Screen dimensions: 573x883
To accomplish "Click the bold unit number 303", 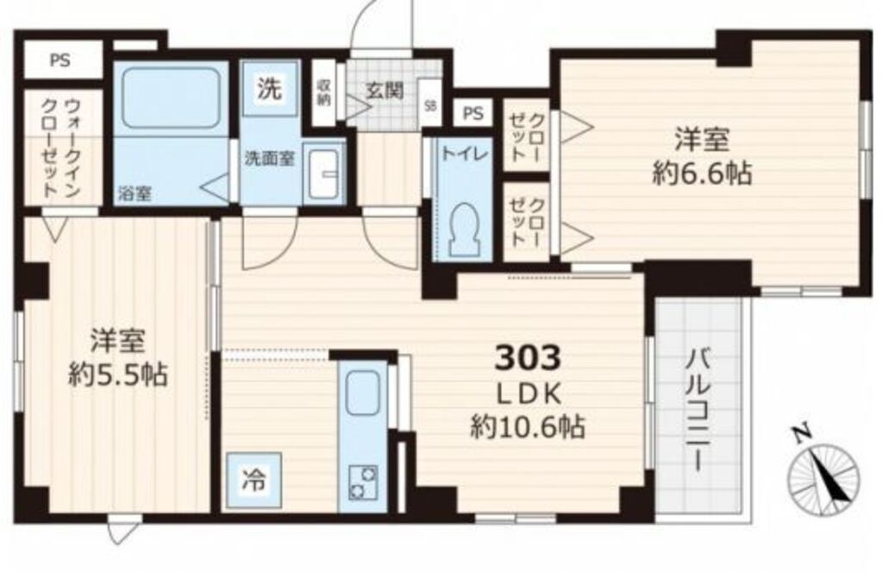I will tap(528, 356).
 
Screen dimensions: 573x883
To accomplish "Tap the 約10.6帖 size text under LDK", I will tap(527, 425).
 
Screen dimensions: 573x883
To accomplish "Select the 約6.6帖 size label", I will tap(702, 173).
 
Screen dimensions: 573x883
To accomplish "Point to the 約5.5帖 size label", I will tap(118, 375).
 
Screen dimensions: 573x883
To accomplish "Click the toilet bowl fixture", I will tap(465, 228).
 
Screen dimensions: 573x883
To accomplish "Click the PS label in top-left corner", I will tap(59, 61).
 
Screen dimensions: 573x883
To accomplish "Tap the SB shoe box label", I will tap(429, 107).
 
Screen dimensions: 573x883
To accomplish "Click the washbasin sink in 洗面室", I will tap(325, 172).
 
